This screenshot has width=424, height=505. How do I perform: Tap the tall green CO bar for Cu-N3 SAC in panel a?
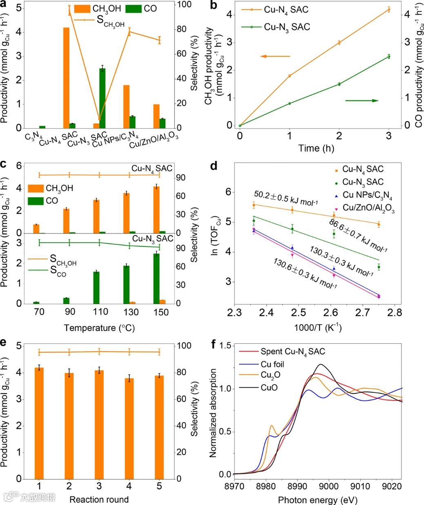click(103, 98)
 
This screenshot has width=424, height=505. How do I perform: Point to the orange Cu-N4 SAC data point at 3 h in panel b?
click(388, 9)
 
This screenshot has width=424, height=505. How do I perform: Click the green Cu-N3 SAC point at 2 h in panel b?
click(339, 84)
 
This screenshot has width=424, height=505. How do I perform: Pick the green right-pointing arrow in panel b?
click(362, 100)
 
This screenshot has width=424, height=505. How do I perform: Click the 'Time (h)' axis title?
click(316, 148)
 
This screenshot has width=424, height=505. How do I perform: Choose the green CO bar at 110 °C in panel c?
click(96, 287)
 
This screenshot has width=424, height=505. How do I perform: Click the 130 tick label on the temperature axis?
click(130, 312)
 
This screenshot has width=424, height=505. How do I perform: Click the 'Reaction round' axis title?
click(99, 499)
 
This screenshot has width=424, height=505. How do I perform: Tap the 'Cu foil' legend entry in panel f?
click(272, 364)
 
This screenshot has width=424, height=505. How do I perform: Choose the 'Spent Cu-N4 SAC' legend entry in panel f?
click(292, 351)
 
